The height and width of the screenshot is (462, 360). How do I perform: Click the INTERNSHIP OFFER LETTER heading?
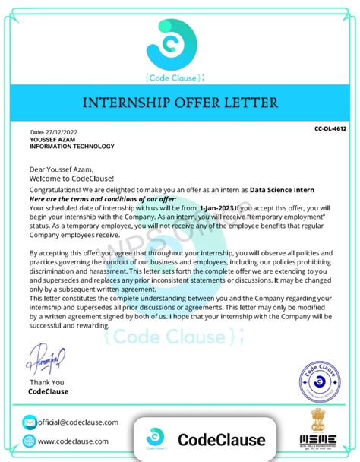[x=180, y=102]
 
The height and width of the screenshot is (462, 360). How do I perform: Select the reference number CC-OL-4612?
[x=330, y=130]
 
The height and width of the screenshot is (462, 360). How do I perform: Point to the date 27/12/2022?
[x=55, y=131]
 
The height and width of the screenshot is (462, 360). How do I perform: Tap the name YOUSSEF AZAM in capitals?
[x=52, y=139]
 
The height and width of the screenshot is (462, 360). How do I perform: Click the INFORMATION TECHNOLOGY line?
[x=72, y=147]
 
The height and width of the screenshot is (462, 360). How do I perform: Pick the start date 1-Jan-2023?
[x=216, y=207]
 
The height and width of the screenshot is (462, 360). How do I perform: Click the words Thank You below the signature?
[x=47, y=382]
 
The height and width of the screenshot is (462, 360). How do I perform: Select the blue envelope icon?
[x=29, y=422]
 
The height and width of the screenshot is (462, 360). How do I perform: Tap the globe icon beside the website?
[x=29, y=441]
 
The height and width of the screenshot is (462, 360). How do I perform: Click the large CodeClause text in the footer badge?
[x=221, y=440]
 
